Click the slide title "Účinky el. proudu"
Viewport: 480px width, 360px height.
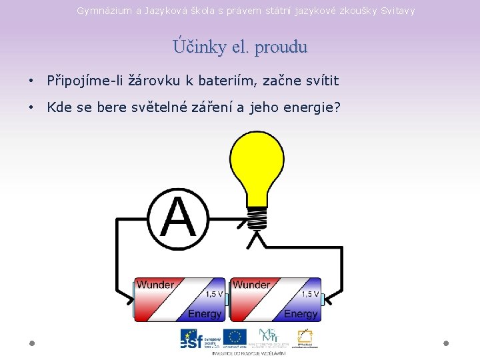click(x=240, y=47)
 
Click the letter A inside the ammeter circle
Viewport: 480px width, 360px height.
click(x=179, y=219)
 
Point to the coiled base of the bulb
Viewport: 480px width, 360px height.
click(x=257, y=217)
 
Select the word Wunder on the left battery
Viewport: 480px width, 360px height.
click(x=155, y=285)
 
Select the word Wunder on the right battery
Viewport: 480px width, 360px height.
click(x=251, y=285)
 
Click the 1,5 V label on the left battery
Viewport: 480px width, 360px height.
click(x=214, y=294)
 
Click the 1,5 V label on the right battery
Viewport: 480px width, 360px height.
click(x=310, y=294)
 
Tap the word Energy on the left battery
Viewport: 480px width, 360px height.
click(x=205, y=313)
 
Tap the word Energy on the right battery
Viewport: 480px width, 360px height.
click(x=301, y=313)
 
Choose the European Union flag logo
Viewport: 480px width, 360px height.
click(x=235, y=337)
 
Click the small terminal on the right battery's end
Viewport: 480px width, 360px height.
click(x=323, y=299)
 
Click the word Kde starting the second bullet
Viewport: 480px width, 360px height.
click(x=59, y=107)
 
